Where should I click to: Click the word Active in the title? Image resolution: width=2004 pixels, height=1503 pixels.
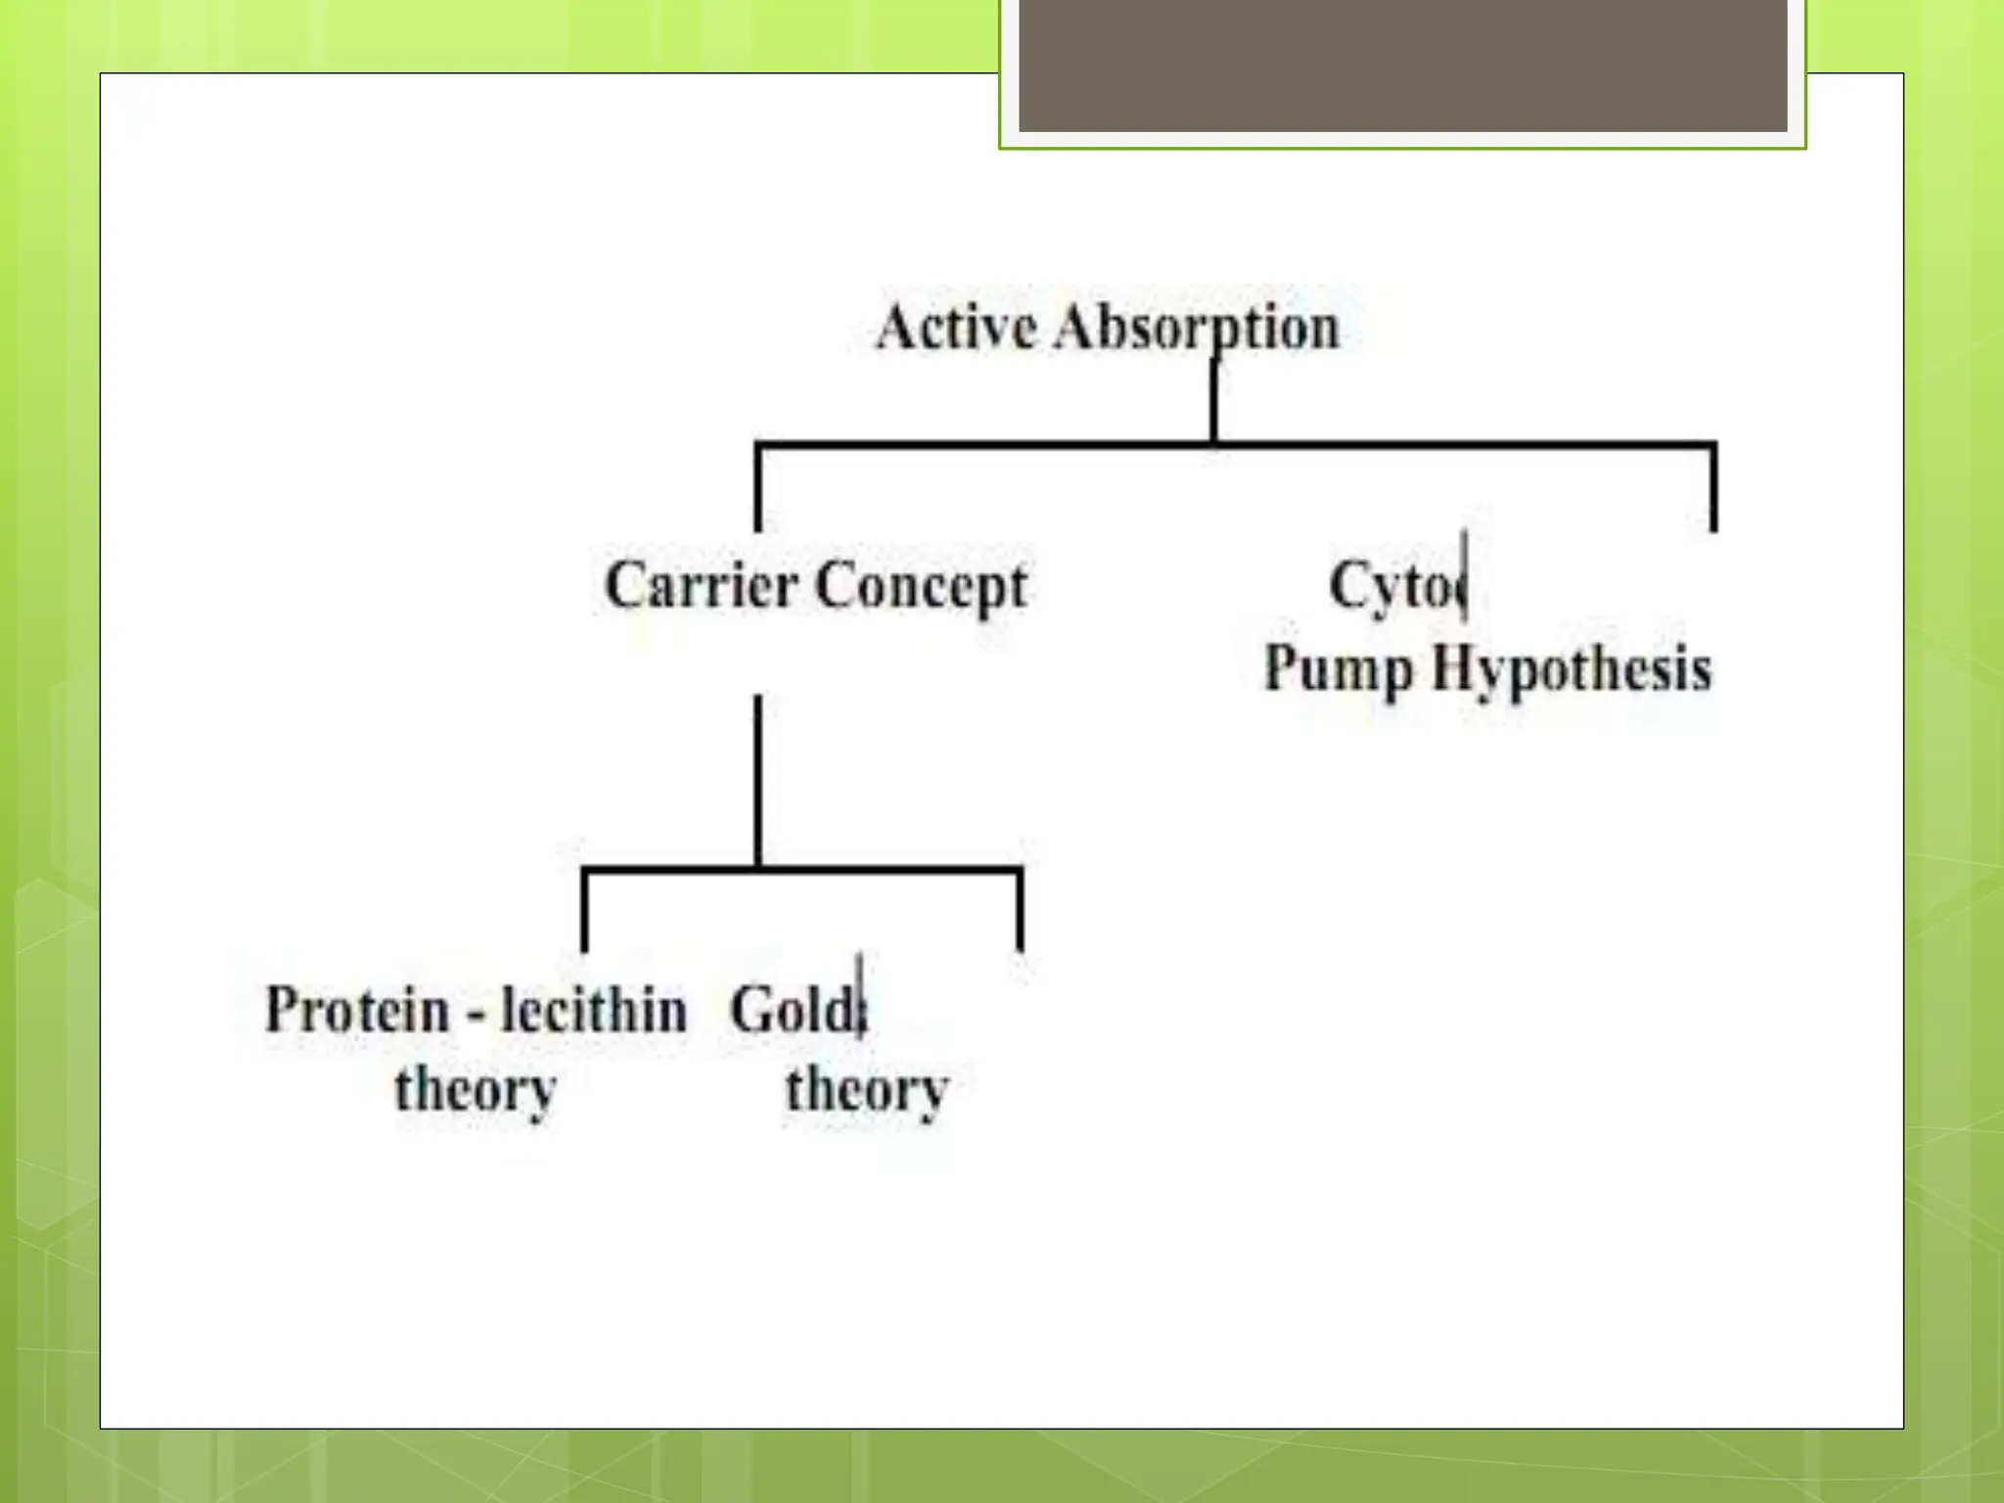(956, 327)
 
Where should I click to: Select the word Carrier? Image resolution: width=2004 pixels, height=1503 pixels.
(701, 585)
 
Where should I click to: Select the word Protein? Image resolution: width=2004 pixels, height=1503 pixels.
(357, 1010)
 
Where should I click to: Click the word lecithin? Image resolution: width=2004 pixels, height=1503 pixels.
(594, 1010)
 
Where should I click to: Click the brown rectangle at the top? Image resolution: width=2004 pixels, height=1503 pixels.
(1402, 65)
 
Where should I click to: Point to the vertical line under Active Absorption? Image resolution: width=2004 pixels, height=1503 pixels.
(1214, 401)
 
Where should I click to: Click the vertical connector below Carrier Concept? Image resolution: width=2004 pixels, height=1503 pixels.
(758, 778)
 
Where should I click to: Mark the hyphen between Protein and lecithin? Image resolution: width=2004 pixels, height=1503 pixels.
(477, 1015)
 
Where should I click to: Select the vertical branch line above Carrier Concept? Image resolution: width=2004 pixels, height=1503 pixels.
(758, 489)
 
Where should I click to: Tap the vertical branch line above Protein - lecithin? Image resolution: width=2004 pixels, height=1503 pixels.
(585, 910)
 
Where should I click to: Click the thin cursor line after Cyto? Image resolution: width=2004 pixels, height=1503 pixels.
(1464, 577)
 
